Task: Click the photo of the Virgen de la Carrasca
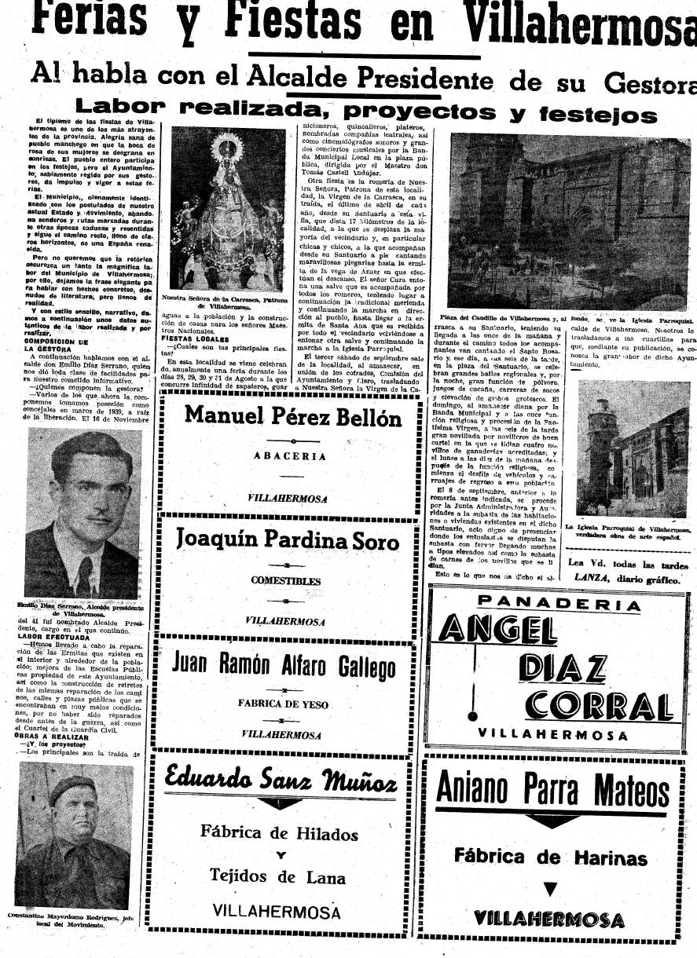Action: pyautogui.click(x=228, y=209)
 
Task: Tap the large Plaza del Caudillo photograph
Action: pyautogui.click(x=570, y=221)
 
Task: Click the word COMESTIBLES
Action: pyautogui.click(x=285, y=581)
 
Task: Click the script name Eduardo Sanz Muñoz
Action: pyautogui.click(x=281, y=780)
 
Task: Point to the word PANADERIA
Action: pyautogui.click(x=559, y=604)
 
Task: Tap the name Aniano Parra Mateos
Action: pyautogui.click(x=552, y=788)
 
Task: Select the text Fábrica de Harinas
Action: pyautogui.click(x=550, y=857)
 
